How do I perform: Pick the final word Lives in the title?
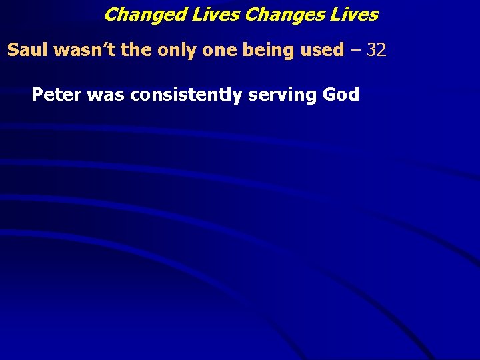[353, 14]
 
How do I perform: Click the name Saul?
[24, 50]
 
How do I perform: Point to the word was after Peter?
[106, 95]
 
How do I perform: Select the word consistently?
[187, 95]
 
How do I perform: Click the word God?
[341, 95]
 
